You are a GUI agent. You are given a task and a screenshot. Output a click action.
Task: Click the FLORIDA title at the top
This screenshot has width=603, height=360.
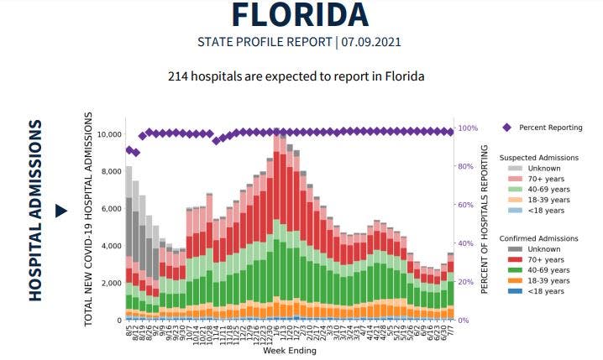301,15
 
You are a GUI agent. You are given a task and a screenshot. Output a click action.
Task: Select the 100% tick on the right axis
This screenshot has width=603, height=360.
468,128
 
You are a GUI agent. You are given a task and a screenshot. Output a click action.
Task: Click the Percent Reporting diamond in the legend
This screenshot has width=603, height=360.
507,128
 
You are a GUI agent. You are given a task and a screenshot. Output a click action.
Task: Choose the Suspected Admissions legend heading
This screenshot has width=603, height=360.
537,158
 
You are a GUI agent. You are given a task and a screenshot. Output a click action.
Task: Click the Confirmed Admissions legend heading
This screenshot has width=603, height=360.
537,239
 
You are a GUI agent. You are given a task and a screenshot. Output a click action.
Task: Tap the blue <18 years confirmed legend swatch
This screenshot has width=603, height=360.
515,290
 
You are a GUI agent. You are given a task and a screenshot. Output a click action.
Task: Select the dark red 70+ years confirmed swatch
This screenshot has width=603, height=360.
515,260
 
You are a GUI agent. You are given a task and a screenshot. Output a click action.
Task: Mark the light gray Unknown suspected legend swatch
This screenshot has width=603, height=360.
515,169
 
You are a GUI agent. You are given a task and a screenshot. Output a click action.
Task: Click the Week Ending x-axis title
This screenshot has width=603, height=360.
290,351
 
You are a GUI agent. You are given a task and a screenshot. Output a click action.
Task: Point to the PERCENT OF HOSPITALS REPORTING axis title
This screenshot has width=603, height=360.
485,219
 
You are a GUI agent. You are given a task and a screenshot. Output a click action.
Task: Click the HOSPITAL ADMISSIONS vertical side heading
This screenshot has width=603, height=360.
35,210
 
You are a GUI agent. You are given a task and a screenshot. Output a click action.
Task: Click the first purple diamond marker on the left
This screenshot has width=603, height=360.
129,150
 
